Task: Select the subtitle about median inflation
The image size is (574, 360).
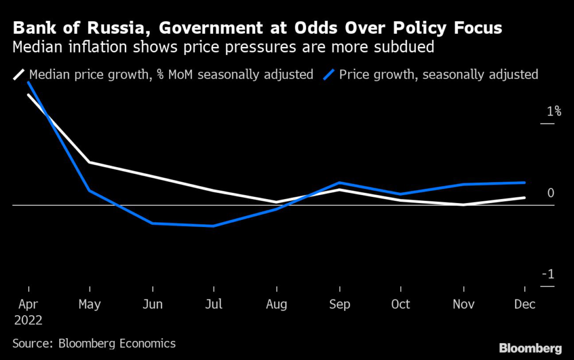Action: coord(224,47)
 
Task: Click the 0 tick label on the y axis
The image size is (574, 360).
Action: coord(550,193)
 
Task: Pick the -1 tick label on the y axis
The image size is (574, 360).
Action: coord(548,275)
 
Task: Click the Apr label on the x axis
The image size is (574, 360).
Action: coord(27,304)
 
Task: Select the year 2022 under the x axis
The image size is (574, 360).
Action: coord(27,320)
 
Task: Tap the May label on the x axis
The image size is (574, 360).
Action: coord(90,304)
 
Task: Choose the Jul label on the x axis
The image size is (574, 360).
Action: coord(214,304)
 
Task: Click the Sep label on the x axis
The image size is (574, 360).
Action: coord(339,304)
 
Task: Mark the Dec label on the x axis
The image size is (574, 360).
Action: coord(525,304)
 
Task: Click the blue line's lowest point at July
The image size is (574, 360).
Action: coord(214,226)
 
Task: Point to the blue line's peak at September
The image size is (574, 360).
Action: coord(339,183)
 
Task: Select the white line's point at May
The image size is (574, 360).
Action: coord(90,162)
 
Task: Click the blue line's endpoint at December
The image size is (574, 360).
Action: coord(525,182)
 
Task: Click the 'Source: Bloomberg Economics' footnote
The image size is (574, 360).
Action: coord(94,343)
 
